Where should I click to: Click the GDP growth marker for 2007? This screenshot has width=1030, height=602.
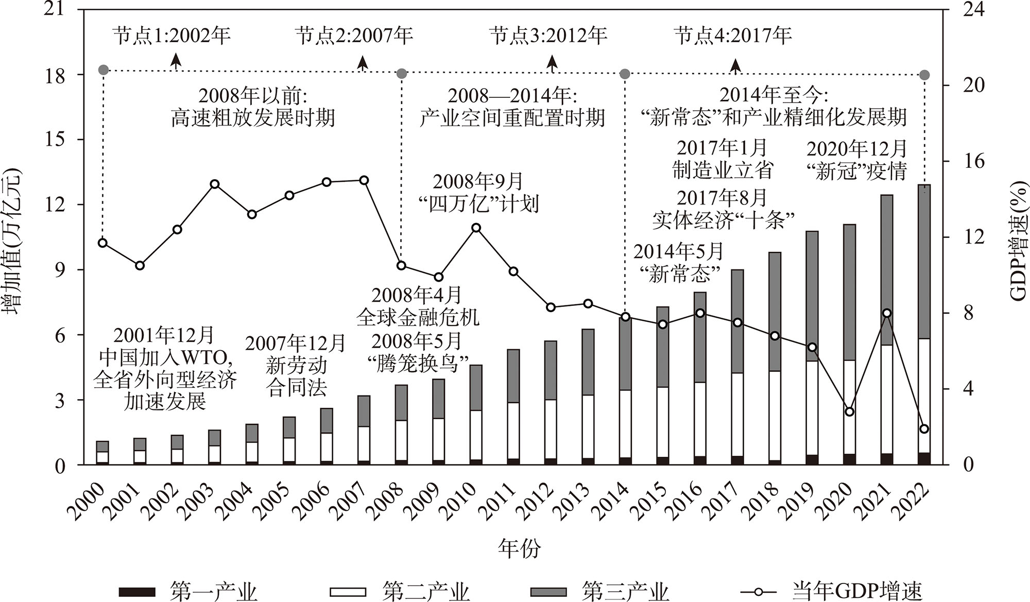[x=364, y=180]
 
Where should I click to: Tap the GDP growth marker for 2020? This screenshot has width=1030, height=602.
[x=850, y=411]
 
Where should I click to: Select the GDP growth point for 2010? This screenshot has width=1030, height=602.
[x=476, y=228]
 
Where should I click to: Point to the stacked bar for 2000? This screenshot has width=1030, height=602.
[x=103, y=453]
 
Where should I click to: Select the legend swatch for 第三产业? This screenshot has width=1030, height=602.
[x=548, y=592]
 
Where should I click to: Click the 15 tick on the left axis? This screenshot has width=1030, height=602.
[x=56, y=140]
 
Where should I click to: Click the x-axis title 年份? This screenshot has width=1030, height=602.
[x=520, y=548]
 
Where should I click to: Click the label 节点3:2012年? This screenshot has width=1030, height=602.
[x=548, y=36]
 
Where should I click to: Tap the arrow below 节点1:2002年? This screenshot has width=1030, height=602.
[x=176, y=61]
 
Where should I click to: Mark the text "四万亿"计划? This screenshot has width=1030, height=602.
[x=477, y=204]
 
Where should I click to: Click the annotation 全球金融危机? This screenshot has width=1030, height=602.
[x=418, y=317]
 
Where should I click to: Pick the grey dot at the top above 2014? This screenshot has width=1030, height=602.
[x=625, y=74]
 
